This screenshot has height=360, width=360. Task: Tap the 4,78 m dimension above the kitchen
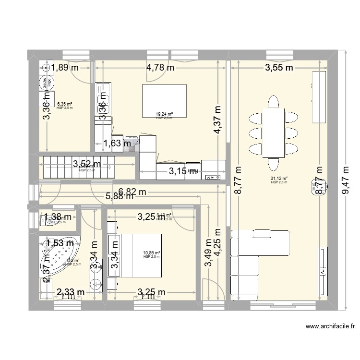click(160, 68)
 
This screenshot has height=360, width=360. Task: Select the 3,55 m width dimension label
click(279, 68)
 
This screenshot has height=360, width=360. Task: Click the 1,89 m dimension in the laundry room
click(65, 68)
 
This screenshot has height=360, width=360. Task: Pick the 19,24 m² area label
click(164, 114)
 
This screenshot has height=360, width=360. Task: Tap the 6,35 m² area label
click(64, 103)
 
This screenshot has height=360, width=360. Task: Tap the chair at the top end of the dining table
click(273, 102)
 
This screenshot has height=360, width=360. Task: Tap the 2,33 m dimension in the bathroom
click(71, 292)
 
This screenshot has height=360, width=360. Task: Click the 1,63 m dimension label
click(117, 143)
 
